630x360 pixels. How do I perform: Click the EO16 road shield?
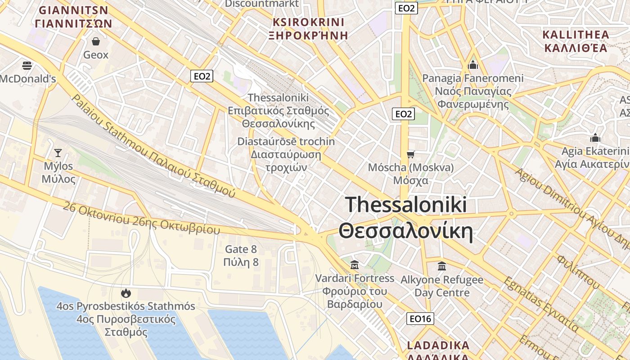pyautogui.click(x=421, y=319)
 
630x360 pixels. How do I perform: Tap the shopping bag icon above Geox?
pyautogui.click(x=96, y=42)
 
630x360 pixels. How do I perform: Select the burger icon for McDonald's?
pyautogui.click(x=27, y=66)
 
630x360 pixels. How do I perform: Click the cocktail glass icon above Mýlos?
pyautogui.click(x=58, y=153)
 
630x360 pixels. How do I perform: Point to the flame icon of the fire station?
pyautogui.click(x=126, y=293)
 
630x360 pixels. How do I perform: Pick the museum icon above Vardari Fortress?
pyautogui.click(x=355, y=265)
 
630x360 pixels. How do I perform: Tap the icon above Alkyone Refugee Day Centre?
pyautogui.click(x=442, y=266)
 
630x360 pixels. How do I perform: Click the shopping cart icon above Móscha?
pyautogui.click(x=410, y=155)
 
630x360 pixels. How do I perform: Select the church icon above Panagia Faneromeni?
pyautogui.click(x=473, y=65)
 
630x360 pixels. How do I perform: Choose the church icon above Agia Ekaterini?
pyautogui.click(x=596, y=138)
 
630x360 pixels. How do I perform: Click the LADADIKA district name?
pyautogui.click(x=438, y=346)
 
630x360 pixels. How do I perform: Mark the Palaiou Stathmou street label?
pyautogui.click(x=153, y=146)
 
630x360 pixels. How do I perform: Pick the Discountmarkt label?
pyautogui.click(x=261, y=4)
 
